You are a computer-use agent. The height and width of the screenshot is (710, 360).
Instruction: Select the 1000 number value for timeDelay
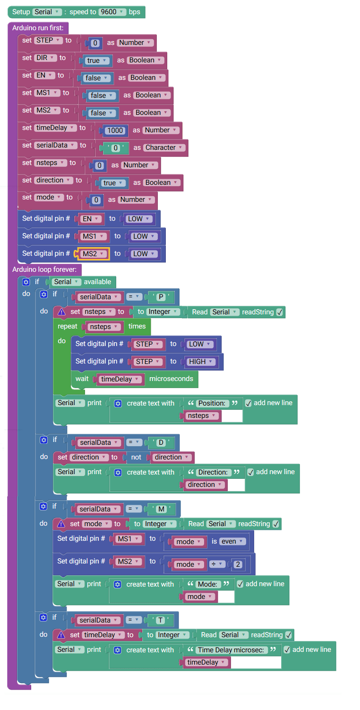pyautogui.click(x=115, y=130)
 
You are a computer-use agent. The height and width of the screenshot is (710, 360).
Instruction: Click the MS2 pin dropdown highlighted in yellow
pyautogui.click(x=93, y=254)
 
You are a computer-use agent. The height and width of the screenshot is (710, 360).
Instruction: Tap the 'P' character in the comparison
pyautogui.click(x=160, y=297)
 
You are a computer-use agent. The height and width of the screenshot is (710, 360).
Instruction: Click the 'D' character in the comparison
pyautogui.click(x=161, y=443)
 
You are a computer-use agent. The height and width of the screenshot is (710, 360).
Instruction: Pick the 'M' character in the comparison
pyautogui.click(x=161, y=510)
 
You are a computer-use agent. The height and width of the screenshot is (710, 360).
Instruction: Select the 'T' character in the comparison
pyautogui.click(x=160, y=621)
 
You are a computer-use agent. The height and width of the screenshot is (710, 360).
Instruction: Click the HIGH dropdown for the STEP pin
pyautogui.click(x=200, y=362)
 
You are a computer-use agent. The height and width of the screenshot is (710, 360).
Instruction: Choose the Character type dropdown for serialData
pyautogui.click(x=163, y=148)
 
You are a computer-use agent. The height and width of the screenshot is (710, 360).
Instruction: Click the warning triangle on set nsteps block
pyautogui.click(x=61, y=312)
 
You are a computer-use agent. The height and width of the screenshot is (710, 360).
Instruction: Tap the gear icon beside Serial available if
pyautogui.click(x=26, y=282)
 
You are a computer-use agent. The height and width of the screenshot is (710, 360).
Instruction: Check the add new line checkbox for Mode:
pyautogui.click(x=240, y=584)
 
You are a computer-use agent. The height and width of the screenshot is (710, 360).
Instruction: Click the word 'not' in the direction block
pyautogui.click(x=136, y=458)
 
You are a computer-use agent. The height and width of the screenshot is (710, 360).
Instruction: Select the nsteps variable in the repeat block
pyautogui.click(x=103, y=327)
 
